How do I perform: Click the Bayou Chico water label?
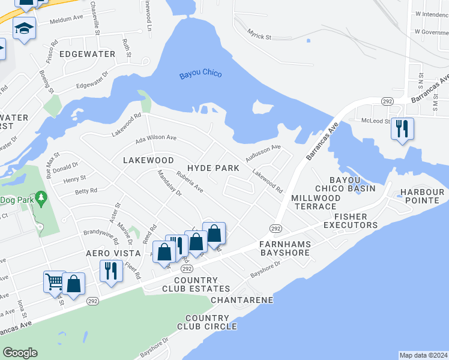point(200,74)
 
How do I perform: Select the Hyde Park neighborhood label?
point(213,169)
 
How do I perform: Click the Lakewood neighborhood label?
point(148,160)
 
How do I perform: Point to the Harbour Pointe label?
point(422,196)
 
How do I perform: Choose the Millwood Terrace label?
point(316,202)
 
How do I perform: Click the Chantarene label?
point(243,299)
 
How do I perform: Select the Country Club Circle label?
point(207,322)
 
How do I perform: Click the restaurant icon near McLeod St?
point(402,128)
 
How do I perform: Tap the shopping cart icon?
point(55,281)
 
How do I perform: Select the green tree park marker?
point(41,197)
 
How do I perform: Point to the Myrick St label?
point(260,37)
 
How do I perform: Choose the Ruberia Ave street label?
point(190,182)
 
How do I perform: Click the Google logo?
point(20,353)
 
